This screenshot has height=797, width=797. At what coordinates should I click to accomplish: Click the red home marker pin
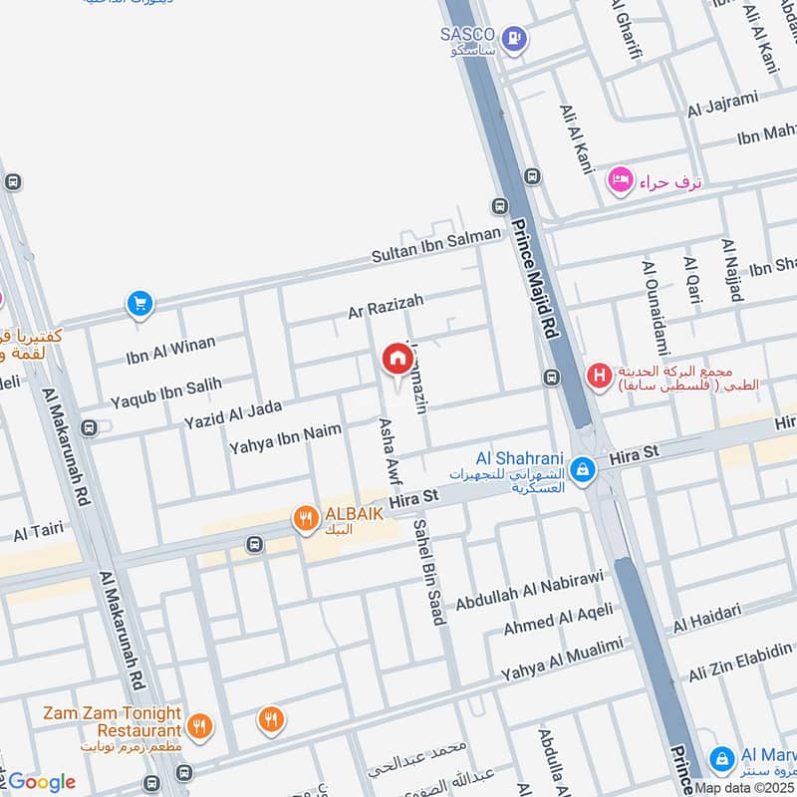(397, 360)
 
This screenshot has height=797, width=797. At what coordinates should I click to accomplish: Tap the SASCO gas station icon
(514, 39)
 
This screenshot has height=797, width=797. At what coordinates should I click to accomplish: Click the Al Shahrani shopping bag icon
(583, 468)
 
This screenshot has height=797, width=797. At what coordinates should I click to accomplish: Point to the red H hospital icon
(598, 376)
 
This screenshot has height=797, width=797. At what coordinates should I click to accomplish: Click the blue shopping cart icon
(138, 304)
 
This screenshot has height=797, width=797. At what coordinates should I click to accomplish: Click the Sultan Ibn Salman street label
(436, 245)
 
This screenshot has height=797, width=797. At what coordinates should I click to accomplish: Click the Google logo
(41, 782)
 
